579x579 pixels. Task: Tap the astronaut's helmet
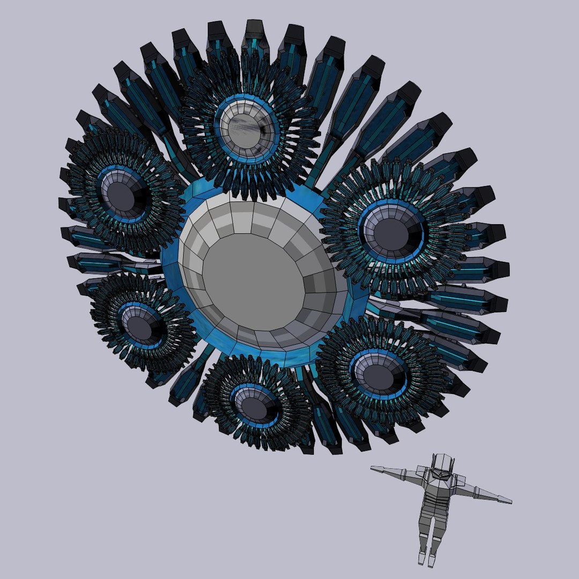click(x=442, y=465)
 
